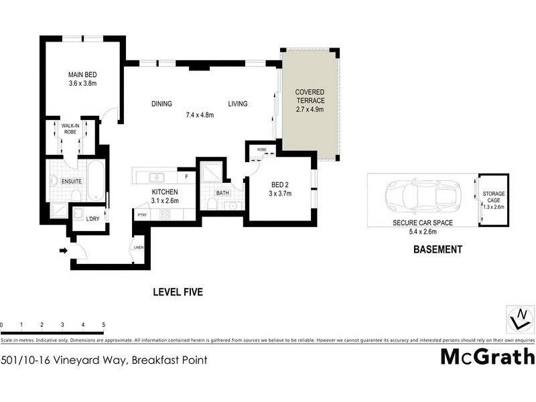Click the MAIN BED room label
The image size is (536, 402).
pos(83,75)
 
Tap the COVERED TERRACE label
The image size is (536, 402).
pos(310,96)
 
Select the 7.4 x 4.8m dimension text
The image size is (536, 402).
pos(200,115)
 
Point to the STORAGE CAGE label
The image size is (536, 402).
pos(494,198)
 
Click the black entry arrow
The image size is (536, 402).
pos(64,251)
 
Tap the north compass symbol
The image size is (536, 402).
pos(519,318)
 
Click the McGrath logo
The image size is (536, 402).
pos(487,356)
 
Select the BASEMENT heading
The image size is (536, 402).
pos(438,249)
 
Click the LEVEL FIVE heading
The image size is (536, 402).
pos(178,292)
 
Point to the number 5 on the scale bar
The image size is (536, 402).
pos(104,325)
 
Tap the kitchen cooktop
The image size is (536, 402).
pos(164,214)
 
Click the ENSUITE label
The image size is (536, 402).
pos(71,181)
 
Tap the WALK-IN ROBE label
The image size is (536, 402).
pos(70,129)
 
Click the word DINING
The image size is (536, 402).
pos(161,104)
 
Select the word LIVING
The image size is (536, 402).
pos(238,104)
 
